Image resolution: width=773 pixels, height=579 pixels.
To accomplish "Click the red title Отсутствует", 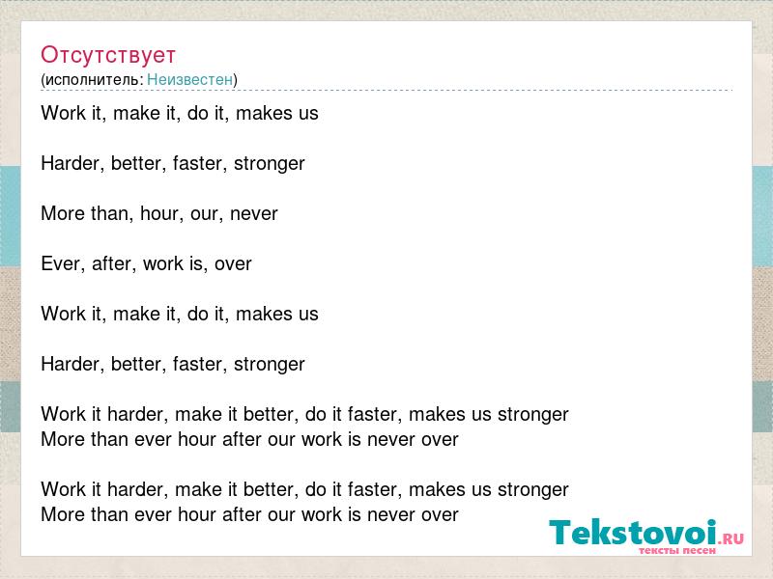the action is coord(108,55).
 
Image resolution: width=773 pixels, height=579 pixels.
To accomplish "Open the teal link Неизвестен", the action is coord(189,79).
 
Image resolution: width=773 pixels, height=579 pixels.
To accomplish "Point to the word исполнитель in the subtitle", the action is coord(94,80).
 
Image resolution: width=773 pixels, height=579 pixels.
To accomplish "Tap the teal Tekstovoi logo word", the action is coord(633,533).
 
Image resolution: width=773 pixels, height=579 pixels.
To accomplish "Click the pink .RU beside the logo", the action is coord(731,538).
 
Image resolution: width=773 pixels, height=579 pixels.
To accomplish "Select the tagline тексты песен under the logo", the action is coord(677,550).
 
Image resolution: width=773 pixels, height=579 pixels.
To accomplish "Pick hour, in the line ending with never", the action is coord(159,213).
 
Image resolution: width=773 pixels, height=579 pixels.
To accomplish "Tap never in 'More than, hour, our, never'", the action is coord(254,214).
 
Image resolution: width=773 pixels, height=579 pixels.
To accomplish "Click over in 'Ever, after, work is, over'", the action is coord(233,264).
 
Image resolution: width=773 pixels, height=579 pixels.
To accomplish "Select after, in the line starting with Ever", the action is coord(114,263).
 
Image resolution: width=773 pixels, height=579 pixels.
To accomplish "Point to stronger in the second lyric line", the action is coord(270,164).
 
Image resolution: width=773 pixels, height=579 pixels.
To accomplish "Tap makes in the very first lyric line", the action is coord(265,113).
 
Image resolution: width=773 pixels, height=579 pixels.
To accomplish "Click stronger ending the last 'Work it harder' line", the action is coord(533,490).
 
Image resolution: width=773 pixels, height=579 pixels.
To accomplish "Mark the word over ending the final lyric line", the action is coord(441,515).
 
